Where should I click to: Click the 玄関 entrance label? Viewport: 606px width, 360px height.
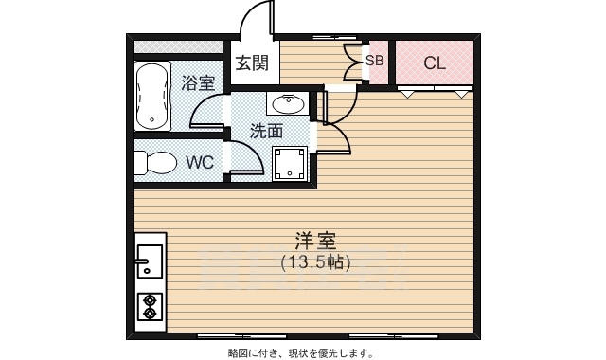coord(252,63)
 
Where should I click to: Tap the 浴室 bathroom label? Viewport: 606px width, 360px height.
coord(198,82)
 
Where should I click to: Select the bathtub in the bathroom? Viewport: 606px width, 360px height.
coord(151,96)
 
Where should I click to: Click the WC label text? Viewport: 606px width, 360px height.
coord(200,162)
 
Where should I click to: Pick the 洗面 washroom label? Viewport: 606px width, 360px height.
coord(266,131)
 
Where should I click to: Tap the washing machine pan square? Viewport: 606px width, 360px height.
coord(289,163)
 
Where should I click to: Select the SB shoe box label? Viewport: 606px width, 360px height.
coord(374,60)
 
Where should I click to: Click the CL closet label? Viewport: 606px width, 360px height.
coord(435,63)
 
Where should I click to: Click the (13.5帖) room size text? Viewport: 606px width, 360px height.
coord(316,262)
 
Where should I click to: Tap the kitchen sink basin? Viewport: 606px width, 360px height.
coord(149,260)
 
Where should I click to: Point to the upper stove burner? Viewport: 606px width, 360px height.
coord(149,300)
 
